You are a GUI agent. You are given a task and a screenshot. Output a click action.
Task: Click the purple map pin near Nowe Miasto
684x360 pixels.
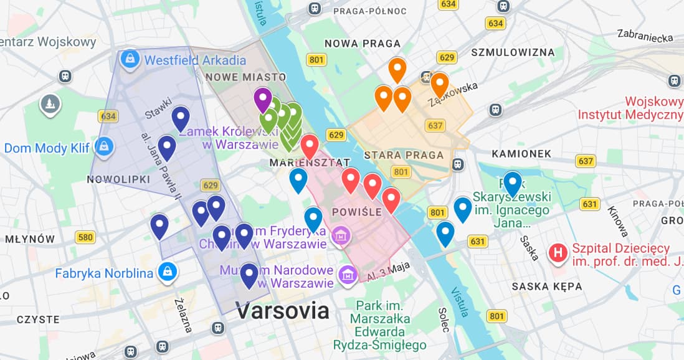click(x=263, y=99)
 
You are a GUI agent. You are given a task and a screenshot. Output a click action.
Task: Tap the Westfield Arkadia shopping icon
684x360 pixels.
click(x=130, y=60)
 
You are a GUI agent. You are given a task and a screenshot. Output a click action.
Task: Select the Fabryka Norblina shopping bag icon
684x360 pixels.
click(x=166, y=272)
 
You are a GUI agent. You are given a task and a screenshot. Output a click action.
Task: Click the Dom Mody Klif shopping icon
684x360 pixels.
click(x=103, y=147)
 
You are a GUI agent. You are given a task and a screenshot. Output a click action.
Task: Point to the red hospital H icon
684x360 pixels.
click(x=558, y=253)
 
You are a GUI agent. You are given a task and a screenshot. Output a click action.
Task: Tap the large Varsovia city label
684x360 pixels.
click(x=282, y=310)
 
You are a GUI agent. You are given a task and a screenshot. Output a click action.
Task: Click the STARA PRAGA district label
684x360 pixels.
click(x=404, y=154)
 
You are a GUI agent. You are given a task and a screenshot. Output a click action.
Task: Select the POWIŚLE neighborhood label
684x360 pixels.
click(x=358, y=212)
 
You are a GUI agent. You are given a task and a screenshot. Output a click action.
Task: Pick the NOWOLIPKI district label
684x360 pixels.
click(x=118, y=179)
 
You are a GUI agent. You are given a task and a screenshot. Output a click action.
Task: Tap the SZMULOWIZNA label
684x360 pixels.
click(x=513, y=52)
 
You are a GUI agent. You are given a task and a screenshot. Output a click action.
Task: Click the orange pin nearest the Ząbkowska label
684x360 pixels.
click(x=439, y=83)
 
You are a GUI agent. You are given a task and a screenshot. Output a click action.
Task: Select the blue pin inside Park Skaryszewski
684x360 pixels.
click(x=512, y=182)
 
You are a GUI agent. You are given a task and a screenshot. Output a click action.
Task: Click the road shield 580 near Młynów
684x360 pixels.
click(x=85, y=237)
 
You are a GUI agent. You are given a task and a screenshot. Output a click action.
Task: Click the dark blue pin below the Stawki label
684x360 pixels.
click(x=180, y=116)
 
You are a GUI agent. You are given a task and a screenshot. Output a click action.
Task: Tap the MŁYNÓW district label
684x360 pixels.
click(x=29, y=239)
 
